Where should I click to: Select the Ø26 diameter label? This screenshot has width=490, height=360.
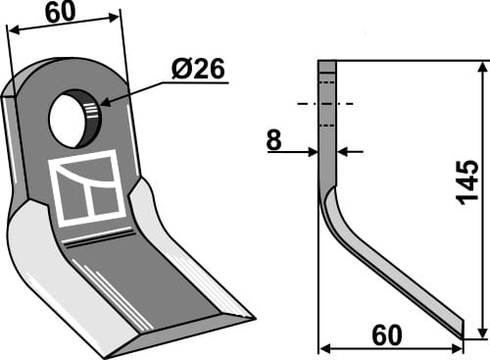[198, 70]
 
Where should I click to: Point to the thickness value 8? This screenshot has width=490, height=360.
[273, 141]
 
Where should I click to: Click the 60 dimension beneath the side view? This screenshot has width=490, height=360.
[385, 335]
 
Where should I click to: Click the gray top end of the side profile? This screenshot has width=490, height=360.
[327, 67]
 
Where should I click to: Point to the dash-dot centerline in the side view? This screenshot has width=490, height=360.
[324, 103]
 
